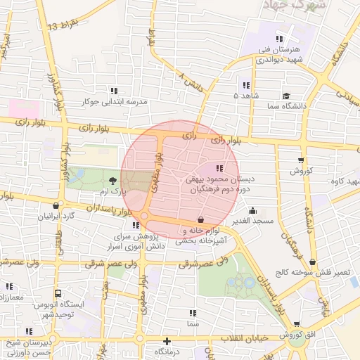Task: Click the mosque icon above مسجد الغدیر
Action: [253, 210]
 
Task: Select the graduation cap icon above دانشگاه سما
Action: [286, 96]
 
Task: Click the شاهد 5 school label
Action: [246, 94]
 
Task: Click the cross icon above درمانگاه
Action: [167, 341]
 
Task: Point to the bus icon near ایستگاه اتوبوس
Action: [58, 293]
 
